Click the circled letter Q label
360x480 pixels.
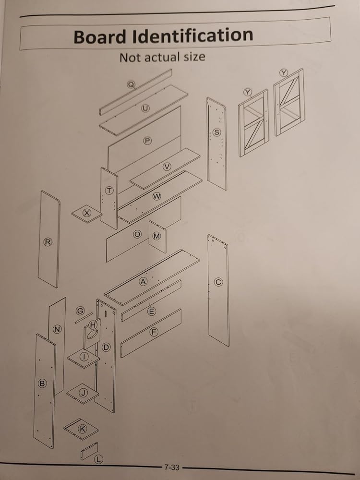pos(131,84)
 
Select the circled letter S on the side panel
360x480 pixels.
pos(217,132)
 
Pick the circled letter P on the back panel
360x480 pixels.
pos(147,141)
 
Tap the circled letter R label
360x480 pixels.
pos(48,242)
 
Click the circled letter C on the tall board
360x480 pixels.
pos(218,282)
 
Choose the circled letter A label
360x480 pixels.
pos(143,282)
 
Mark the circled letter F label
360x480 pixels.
pos(154,332)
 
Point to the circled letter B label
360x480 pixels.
pos(42,383)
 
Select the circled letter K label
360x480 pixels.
pos(82,429)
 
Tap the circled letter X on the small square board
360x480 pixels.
pos(87,212)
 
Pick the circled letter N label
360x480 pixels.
pos(57,329)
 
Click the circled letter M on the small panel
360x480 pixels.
pos(156,236)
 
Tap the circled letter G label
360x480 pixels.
pos(80,310)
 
